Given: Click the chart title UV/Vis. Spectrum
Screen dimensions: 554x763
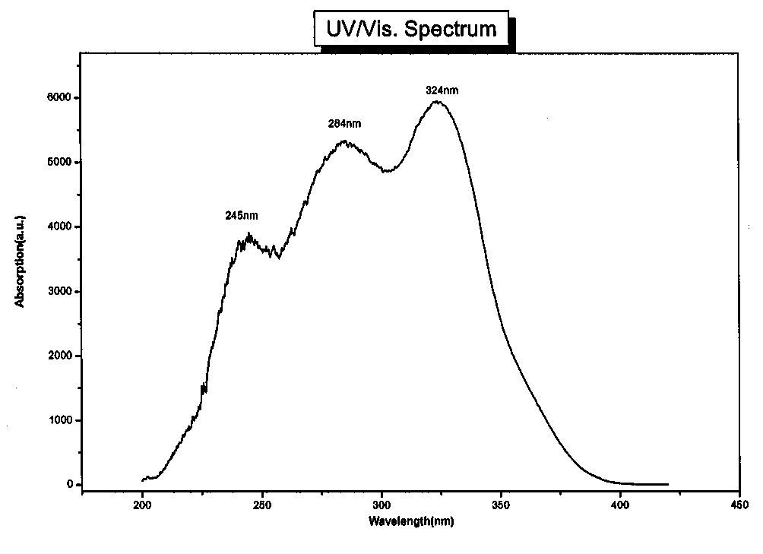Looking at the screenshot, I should pos(411,30).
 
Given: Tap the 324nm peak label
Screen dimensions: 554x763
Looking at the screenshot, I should pos(442,90).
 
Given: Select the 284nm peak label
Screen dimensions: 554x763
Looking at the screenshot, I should pos(344,124).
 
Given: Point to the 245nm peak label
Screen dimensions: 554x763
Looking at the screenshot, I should pos(241,216).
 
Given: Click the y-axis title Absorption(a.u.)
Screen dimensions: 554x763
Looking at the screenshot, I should pos(21,261).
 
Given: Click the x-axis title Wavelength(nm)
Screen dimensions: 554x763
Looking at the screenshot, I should pos(411,521).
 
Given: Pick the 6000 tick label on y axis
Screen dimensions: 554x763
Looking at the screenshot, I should pos(58,98).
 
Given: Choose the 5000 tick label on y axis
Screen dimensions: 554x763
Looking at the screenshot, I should pos(58,163).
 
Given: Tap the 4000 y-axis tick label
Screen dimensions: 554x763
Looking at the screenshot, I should pos(58,227).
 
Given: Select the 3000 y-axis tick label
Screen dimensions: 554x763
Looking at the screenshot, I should pos(58,292).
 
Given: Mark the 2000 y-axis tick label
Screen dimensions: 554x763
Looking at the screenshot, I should pos(58,356).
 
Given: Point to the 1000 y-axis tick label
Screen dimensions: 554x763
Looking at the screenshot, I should pos(58,421).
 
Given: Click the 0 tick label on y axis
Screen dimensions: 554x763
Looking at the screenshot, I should pos(68,485).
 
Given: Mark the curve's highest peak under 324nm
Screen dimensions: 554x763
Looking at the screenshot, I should pos(437,102).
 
